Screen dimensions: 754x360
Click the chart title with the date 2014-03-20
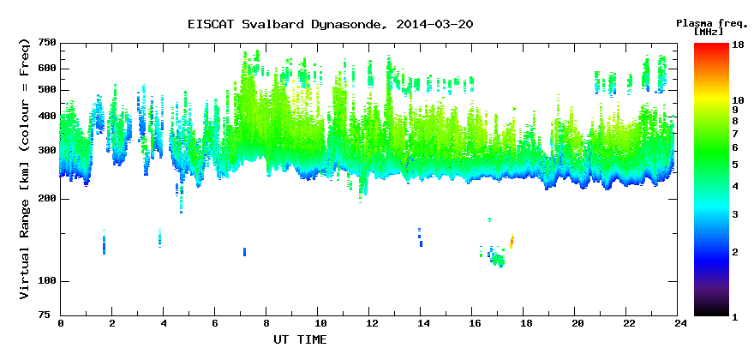pos(331,25)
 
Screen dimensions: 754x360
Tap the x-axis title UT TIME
pos(300,339)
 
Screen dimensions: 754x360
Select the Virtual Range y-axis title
pos(25,170)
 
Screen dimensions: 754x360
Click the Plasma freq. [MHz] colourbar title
pos(709,27)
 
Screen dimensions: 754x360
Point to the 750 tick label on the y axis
pos(49,44)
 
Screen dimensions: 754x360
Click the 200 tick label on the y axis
pos(49,199)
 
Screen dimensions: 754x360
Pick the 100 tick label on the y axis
pos(49,281)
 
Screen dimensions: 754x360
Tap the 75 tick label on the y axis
pos(51,315)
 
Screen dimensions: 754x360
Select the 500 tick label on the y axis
pos(49,90)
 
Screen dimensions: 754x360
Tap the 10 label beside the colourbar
pos(738,100)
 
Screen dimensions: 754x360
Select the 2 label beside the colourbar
pos(735,252)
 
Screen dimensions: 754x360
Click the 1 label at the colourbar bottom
pos(735,317)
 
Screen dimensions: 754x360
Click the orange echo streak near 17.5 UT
pos(512,241)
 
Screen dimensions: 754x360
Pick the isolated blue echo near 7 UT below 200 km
pos(244,252)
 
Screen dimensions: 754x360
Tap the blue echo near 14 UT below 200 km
pos(420,237)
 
